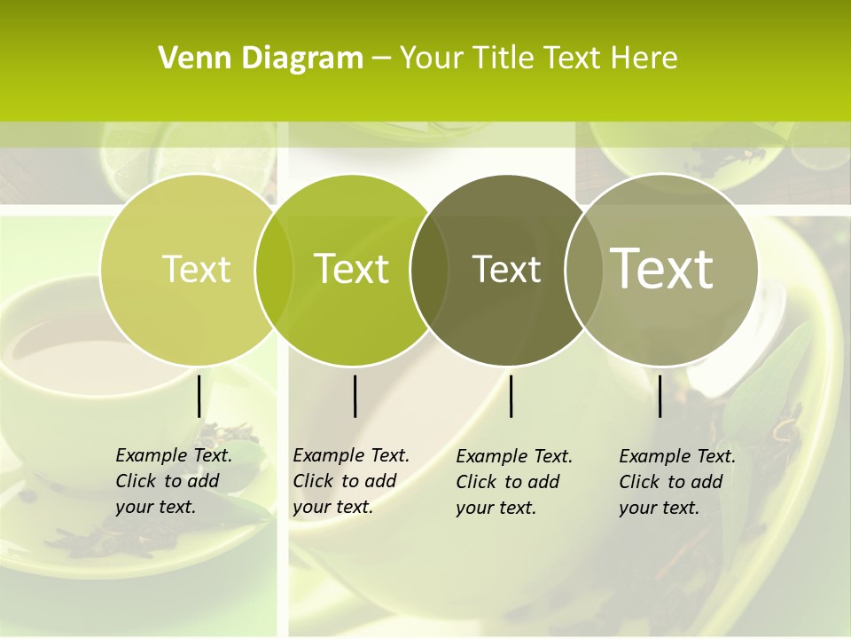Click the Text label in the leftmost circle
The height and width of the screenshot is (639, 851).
(x=196, y=269)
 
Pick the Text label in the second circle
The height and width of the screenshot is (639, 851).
(x=351, y=269)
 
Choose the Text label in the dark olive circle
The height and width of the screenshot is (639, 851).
(x=506, y=269)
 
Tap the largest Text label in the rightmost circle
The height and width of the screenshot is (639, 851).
(x=662, y=268)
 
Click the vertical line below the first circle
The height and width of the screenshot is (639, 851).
(x=199, y=396)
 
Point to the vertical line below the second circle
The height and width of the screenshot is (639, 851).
(x=355, y=396)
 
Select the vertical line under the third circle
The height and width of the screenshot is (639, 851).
(x=511, y=396)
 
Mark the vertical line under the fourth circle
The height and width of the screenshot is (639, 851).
(x=660, y=396)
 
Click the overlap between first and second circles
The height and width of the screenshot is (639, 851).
(x=274, y=269)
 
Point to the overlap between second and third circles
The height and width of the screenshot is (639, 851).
(x=429, y=269)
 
